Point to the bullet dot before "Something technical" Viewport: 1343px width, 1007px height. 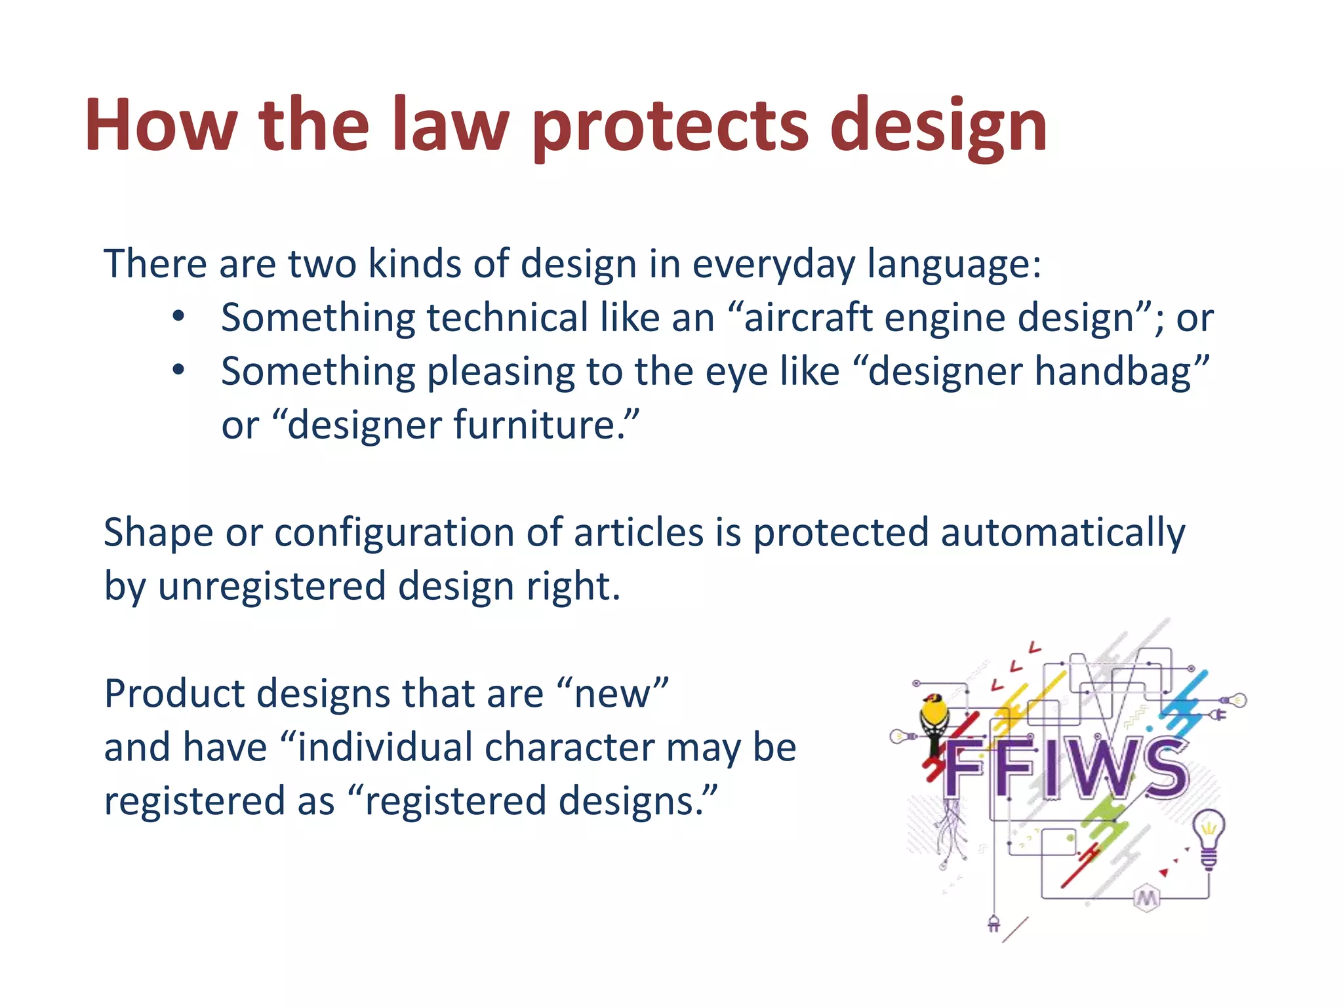[x=178, y=317]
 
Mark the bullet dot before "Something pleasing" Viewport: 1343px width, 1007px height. [x=178, y=371]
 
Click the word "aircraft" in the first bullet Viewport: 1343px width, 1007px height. [x=807, y=319]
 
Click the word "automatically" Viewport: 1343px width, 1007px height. [x=1062, y=532]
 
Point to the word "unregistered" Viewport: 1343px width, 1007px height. [x=271, y=586]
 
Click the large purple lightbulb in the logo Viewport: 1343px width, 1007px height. [x=1208, y=837]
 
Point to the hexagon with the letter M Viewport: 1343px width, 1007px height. [x=1146, y=898]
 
